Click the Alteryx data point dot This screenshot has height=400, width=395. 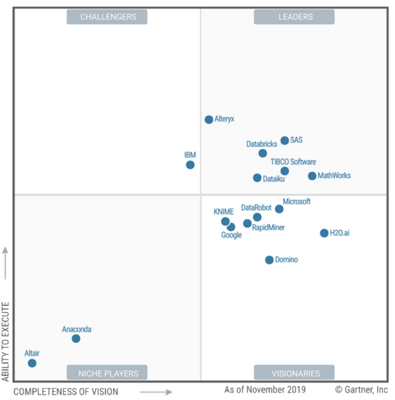click(209, 119)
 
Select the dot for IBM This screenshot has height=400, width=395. click(190, 165)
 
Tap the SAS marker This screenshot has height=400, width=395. click(285, 140)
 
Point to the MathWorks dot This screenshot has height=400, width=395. click(312, 176)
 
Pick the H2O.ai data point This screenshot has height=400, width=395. click(324, 233)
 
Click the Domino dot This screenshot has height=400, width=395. click(269, 260)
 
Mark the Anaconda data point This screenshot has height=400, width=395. click(76, 339)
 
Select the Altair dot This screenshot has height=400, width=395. click(32, 363)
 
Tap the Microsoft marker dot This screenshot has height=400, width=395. click(279, 209)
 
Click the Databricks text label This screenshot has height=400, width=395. click(262, 144)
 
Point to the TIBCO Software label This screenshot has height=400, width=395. click(293, 162)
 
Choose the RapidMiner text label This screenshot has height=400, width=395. click(268, 227)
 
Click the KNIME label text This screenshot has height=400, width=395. click(224, 212)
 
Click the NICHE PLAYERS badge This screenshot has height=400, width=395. click(108, 374)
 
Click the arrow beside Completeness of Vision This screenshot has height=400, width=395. click(156, 392)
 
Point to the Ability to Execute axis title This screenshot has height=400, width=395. click(5, 341)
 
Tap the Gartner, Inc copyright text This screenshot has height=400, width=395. click(362, 390)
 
